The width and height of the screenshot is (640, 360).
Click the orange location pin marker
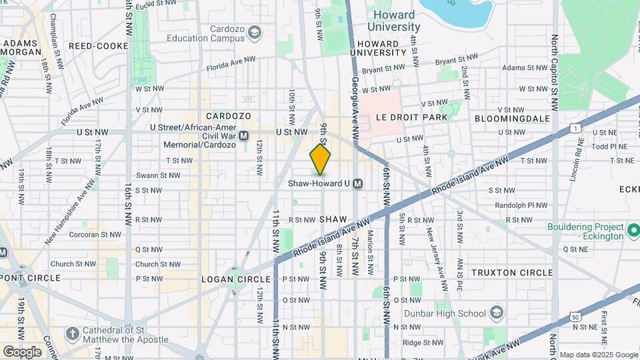(x=320, y=159)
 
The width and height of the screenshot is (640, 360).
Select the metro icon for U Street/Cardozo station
(x=244, y=135)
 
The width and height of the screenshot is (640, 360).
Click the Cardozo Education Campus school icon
(x=254, y=31)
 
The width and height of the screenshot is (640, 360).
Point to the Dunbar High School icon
(x=497, y=313)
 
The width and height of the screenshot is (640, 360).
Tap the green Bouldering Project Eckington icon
(x=633, y=231)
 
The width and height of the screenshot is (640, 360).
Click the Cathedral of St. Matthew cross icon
(x=72, y=333)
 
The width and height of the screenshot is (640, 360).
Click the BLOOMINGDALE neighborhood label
(x=513, y=118)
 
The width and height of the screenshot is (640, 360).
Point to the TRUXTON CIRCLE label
(x=512, y=273)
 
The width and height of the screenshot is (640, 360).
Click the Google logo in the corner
(x=22, y=351)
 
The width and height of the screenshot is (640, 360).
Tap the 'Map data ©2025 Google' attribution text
(x=599, y=355)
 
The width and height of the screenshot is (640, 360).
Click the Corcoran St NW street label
(x=93, y=235)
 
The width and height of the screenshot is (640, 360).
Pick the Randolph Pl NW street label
(x=526, y=205)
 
